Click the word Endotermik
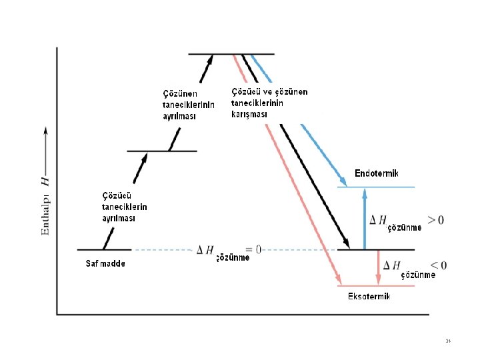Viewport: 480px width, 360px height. click(x=377, y=174)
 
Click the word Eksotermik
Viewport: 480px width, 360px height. click(x=369, y=297)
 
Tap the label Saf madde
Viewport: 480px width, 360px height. click(x=105, y=263)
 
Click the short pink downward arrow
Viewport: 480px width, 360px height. click(x=379, y=267)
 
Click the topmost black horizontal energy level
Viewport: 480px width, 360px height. click(x=231, y=53)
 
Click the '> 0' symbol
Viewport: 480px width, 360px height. click(x=435, y=219)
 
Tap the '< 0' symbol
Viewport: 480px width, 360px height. click(x=437, y=265)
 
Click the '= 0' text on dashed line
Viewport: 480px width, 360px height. click(x=254, y=249)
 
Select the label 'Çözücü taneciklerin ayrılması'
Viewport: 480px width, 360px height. click(x=124, y=207)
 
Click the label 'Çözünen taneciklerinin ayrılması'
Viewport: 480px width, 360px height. click(x=189, y=104)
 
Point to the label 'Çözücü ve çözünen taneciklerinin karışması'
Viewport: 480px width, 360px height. click(x=269, y=103)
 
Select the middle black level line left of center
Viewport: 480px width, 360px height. click(x=162, y=151)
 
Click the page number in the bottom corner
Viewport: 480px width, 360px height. click(x=449, y=341)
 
